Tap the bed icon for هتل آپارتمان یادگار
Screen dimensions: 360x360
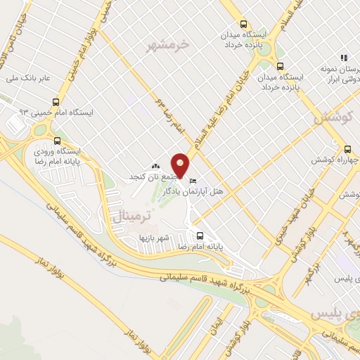pos(193,181)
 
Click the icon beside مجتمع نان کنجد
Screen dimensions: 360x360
pos(155,166)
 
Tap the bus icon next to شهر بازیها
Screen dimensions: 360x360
pos(200,236)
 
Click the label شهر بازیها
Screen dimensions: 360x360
pos(154,238)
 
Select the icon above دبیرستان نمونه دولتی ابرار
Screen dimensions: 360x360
pos(344,57)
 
